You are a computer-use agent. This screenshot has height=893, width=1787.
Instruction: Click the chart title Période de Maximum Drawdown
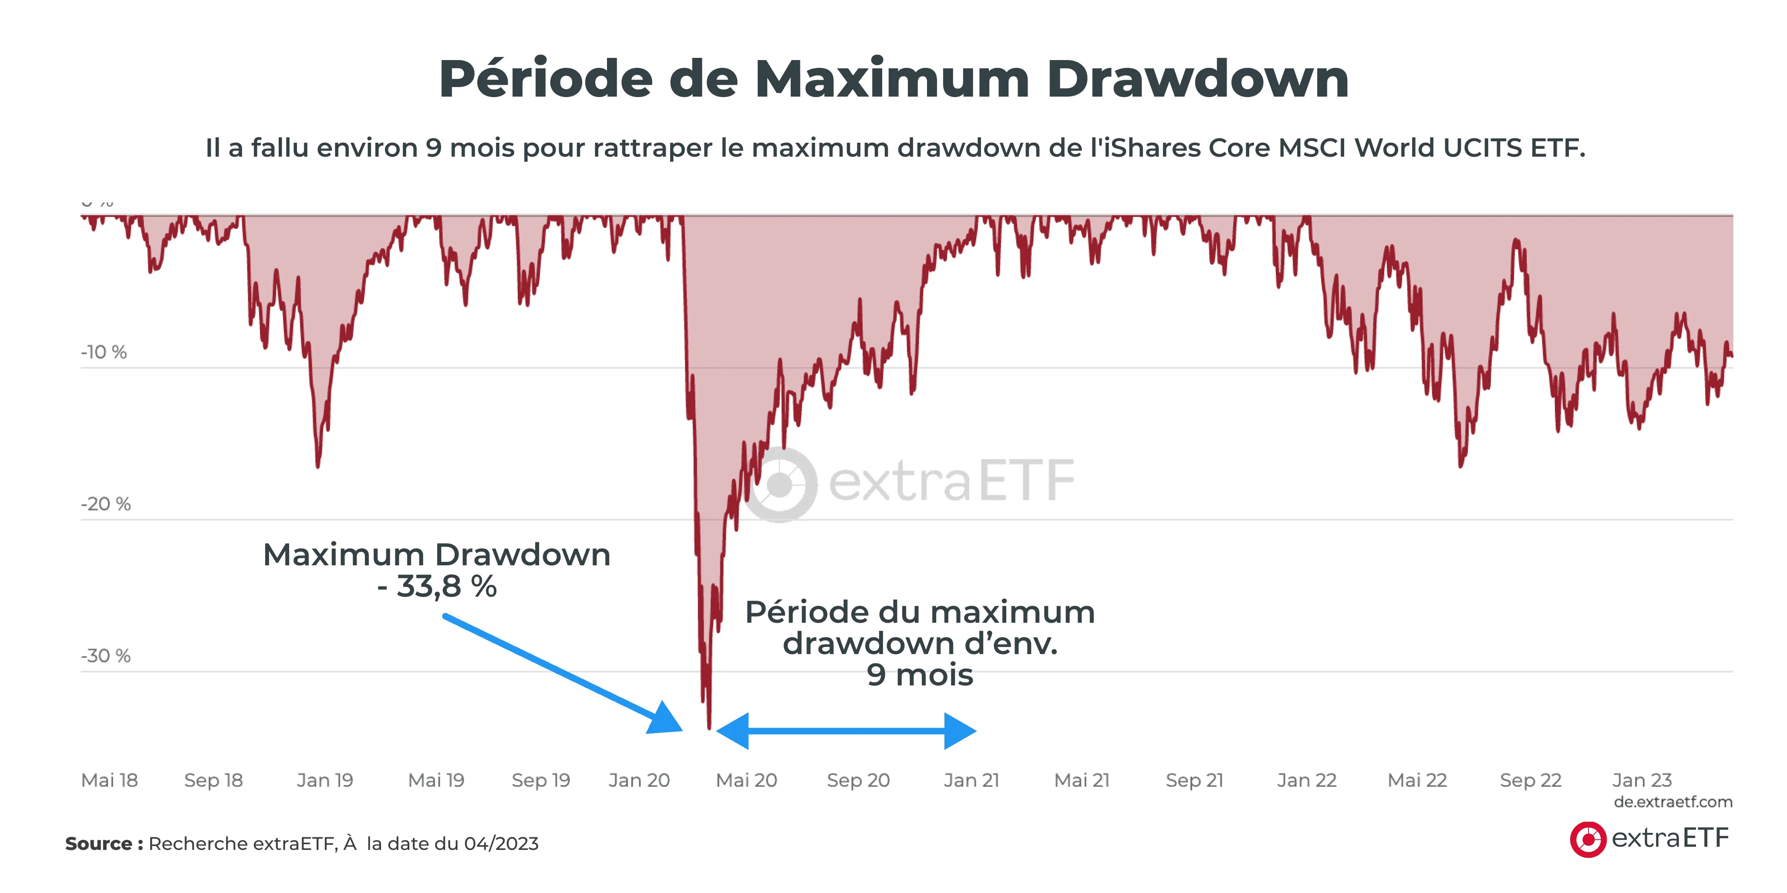893,78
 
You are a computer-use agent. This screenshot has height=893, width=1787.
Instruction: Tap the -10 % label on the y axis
104,352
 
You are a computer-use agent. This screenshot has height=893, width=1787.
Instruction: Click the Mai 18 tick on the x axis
110,781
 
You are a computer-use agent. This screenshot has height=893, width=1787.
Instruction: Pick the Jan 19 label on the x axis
325,781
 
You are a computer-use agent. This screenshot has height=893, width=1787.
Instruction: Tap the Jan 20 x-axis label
639,781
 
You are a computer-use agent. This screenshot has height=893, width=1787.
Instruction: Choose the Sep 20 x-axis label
858,781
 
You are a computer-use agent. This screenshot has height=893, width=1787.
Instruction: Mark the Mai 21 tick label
1082,781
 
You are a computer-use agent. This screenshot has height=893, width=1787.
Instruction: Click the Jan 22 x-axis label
1306,781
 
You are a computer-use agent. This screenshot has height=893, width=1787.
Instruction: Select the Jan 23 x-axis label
1642,781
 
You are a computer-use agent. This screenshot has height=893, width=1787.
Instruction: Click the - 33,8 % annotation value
437,587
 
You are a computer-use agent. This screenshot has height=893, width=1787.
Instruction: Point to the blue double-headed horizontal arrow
846,731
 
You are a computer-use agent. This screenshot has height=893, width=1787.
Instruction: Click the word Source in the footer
98,844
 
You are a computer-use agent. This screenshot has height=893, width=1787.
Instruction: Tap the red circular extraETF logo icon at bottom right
1588,839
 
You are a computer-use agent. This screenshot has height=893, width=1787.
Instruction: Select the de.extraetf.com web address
1672,802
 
